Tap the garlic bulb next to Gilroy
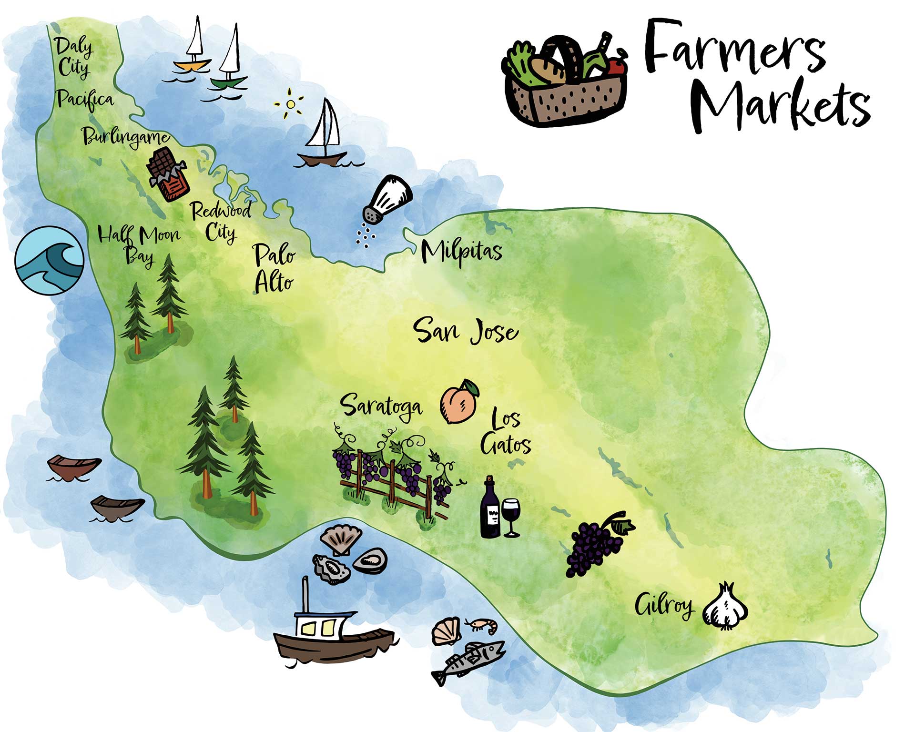[725, 607]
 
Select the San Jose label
[466, 330]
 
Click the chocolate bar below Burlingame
[167, 174]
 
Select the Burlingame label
[126, 137]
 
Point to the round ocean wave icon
[49, 260]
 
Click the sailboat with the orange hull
[193, 48]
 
